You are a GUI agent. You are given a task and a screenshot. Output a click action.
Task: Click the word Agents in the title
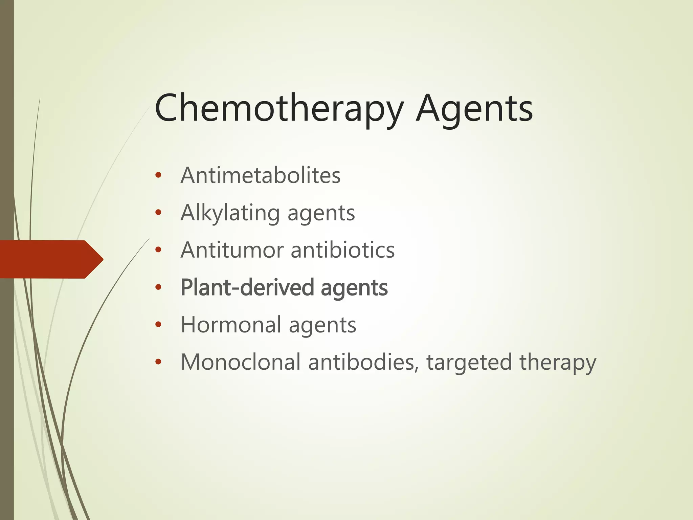(x=474, y=108)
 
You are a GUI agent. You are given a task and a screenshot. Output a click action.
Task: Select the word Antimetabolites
(x=261, y=175)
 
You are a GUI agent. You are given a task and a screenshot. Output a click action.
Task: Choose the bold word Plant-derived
(x=247, y=287)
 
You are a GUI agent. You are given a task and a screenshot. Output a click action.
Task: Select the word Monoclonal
(x=241, y=362)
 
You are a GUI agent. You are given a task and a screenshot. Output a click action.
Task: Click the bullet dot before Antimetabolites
(x=158, y=176)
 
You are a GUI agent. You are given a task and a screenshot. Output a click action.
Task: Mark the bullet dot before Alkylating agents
(x=158, y=213)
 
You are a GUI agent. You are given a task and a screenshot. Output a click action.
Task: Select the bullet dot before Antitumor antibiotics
(x=158, y=250)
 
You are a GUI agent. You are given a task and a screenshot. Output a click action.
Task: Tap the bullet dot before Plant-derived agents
(x=158, y=288)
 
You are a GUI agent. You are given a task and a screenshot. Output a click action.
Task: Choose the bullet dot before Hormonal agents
(x=158, y=325)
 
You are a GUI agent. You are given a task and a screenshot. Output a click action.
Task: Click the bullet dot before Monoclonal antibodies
(x=158, y=362)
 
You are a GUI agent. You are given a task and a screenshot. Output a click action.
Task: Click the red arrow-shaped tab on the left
(x=51, y=259)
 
